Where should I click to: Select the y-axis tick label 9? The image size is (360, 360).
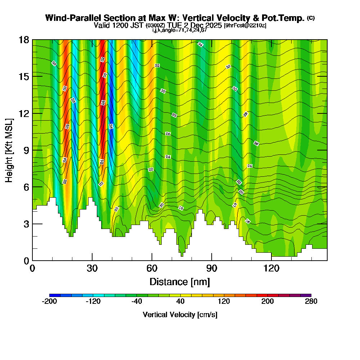[x=26, y=150]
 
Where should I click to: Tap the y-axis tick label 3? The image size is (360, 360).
[x=26, y=224]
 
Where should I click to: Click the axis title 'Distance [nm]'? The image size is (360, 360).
[x=180, y=281]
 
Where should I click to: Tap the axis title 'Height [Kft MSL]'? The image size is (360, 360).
[x=9, y=150]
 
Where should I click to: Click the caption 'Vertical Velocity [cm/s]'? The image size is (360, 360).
[x=180, y=315]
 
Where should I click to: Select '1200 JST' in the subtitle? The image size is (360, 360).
[x=129, y=25]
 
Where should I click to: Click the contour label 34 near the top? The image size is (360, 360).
[x=201, y=44]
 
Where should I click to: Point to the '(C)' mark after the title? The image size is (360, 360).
[x=311, y=18]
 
